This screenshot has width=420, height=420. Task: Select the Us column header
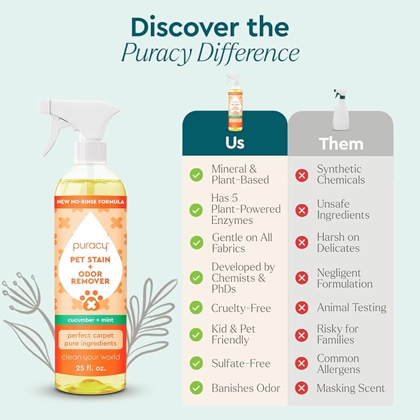234,143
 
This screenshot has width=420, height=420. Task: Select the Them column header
340,144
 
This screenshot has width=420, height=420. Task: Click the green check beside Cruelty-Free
196,307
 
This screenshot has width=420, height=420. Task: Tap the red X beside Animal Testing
302,307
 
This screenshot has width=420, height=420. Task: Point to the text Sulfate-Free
241,363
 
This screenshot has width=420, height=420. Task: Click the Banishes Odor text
246,388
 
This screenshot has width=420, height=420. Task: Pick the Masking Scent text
351,388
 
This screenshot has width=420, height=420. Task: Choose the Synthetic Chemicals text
341,174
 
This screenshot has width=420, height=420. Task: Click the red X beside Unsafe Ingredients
302,210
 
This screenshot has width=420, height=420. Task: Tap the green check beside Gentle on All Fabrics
196,242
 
